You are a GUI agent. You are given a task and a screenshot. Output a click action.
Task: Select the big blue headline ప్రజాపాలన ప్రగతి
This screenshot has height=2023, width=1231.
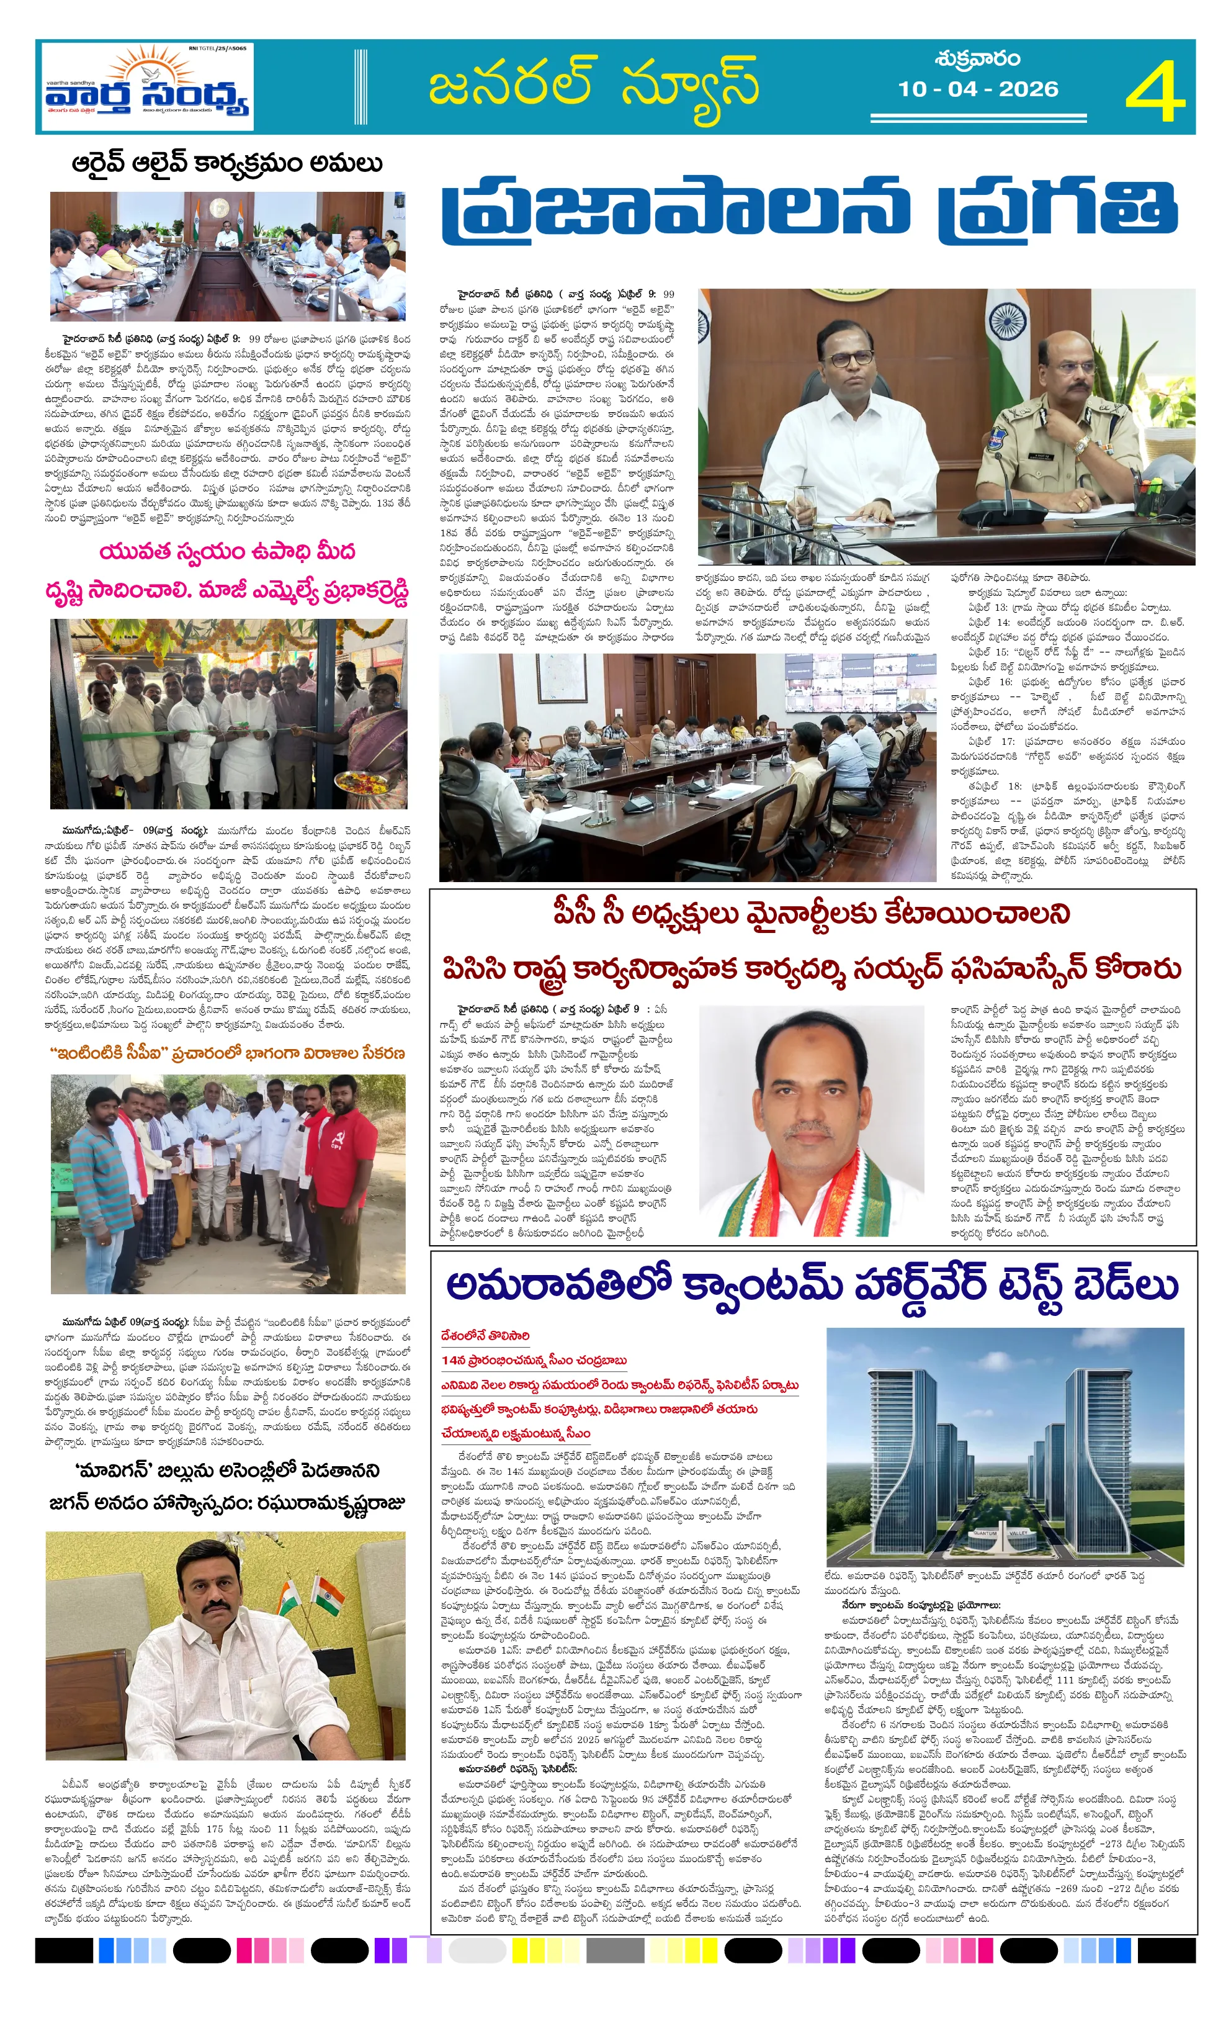tap(810, 209)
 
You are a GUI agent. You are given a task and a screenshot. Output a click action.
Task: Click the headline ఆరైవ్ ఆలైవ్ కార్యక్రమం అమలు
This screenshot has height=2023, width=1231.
tap(226, 163)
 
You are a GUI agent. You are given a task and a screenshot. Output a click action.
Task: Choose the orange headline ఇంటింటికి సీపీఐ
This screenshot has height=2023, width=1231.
tap(226, 1053)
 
